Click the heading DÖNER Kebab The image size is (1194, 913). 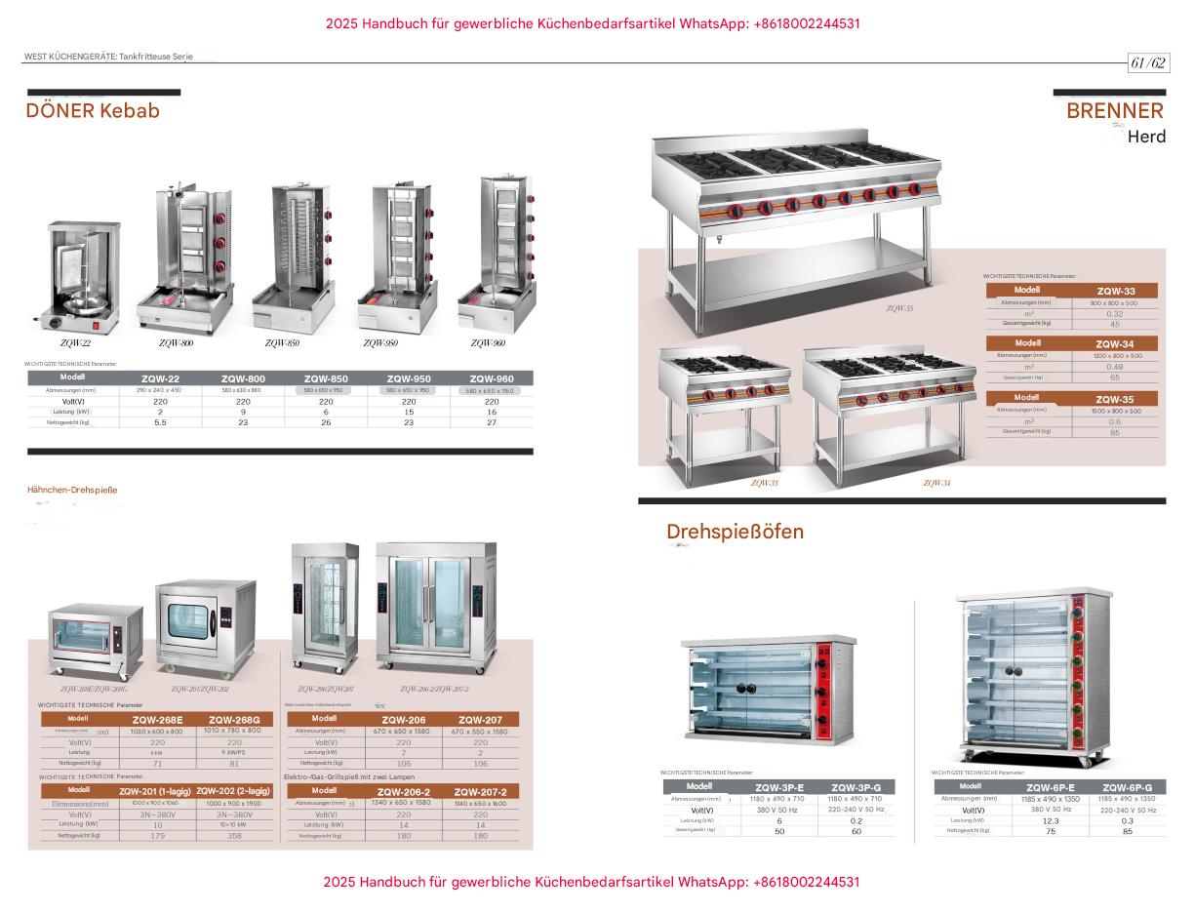pyautogui.click(x=93, y=110)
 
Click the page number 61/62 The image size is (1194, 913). pyautogui.click(x=1148, y=63)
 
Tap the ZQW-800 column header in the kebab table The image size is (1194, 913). pyautogui.click(x=243, y=378)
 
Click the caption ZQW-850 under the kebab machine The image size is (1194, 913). pyautogui.click(x=282, y=343)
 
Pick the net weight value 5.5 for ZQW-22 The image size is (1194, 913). pyautogui.click(x=160, y=422)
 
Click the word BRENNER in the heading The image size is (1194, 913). pyautogui.click(x=1114, y=110)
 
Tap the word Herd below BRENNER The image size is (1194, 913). pyautogui.click(x=1146, y=137)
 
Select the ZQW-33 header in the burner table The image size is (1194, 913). pyautogui.click(x=1115, y=291)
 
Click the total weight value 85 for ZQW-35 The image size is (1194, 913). pyautogui.click(x=1115, y=432)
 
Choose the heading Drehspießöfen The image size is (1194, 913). pyautogui.click(x=735, y=532)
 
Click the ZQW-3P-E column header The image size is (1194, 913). pyautogui.click(x=779, y=787)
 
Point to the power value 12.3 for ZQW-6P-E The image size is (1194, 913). pyautogui.click(x=1050, y=821)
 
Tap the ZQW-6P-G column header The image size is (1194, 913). pyautogui.click(x=1127, y=787)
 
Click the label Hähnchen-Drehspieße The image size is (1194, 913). pyautogui.click(x=72, y=490)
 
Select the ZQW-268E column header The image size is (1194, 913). pyautogui.click(x=156, y=719)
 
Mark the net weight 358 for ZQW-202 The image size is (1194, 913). pyautogui.click(x=234, y=836)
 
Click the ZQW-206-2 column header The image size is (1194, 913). pyautogui.click(x=404, y=791)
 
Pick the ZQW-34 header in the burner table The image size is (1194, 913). pyautogui.click(x=1114, y=343)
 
